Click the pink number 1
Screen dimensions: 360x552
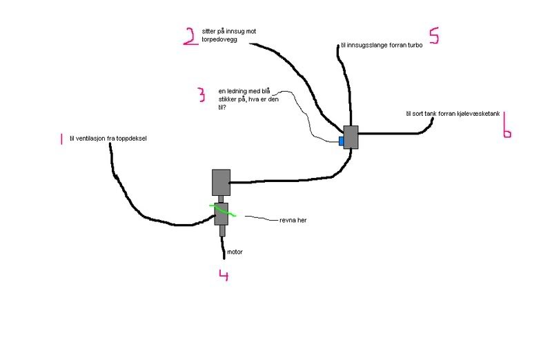(x=61, y=139)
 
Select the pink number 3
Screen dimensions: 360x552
(x=201, y=94)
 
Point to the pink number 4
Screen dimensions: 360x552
(x=223, y=276)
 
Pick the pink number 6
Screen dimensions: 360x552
(x=506, y=126)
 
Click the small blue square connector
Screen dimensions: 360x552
(x=341, y=141)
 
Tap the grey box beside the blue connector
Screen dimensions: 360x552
(x=352, y=137)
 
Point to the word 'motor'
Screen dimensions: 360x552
(x=235, y=252)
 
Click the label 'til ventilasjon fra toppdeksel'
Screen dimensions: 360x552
(x=108, y=139)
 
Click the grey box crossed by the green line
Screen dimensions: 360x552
(x=222, y=214)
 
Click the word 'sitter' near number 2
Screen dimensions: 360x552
(x=210, y=31)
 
